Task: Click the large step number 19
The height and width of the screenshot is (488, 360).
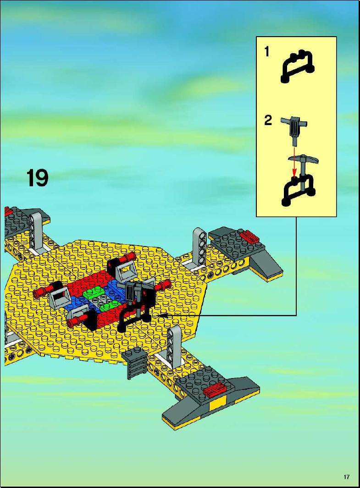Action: [37, 178]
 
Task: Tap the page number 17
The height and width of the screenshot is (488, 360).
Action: [347, 477]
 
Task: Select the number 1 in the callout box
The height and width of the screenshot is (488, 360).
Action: [266, 52]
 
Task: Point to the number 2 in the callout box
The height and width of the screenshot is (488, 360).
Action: [268, 120]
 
